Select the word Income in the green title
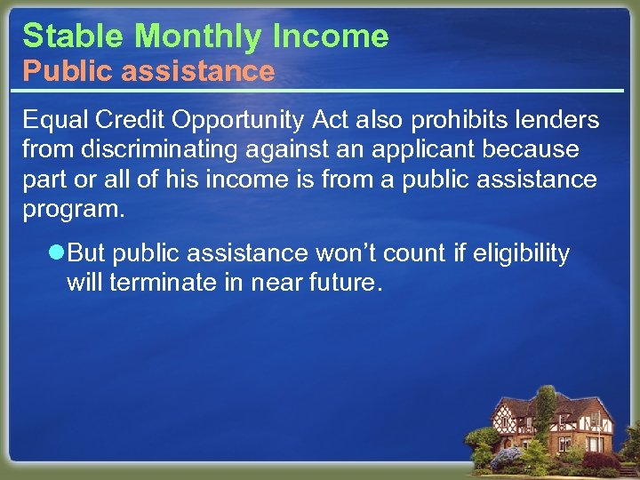(332, 36)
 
